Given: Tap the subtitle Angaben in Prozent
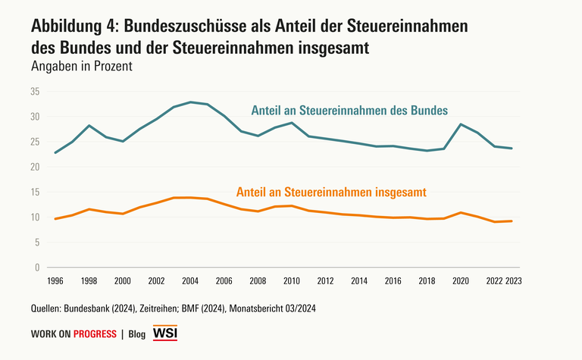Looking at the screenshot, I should (82, 66).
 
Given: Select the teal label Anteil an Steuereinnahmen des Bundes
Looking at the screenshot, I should (349, 110).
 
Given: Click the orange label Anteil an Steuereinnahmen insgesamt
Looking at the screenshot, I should (331, 193).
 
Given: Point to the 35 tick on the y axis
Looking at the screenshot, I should (35, 92).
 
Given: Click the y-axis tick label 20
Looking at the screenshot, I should (35, 167).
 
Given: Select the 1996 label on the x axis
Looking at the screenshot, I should (55, 280).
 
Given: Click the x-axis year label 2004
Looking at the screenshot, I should (190, 280).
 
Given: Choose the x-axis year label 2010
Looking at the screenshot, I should (292, 280).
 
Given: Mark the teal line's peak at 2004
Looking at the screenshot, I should (190, 102).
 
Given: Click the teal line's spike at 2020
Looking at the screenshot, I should (461, 124).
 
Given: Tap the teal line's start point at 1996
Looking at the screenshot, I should (55, 152).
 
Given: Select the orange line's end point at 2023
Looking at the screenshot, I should (512, 221).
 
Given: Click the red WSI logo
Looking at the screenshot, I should (165, 333).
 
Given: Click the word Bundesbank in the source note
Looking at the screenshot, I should (95, 308).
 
